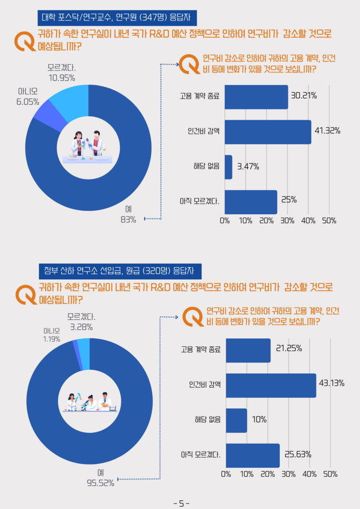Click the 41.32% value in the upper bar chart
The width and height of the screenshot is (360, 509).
coord(327,131)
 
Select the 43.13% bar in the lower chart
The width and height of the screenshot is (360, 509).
coord(271,386)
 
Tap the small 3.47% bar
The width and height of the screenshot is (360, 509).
coord(229,167)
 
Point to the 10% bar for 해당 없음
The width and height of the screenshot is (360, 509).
coord(237,420)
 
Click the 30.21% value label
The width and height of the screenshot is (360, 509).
coord(304,96)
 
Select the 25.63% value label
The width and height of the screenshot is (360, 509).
coord(298,454)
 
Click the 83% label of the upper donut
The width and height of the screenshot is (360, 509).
coord(128,220)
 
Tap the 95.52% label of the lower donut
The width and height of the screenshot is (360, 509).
coord(100,482)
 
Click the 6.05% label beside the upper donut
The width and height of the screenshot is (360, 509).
coord(27,102)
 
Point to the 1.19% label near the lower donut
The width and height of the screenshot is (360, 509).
coord(51,339)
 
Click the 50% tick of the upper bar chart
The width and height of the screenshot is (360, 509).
coord(329,221)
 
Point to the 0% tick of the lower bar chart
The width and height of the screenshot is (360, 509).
coord(226,474)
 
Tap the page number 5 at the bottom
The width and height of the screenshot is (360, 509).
coord(181,503)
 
